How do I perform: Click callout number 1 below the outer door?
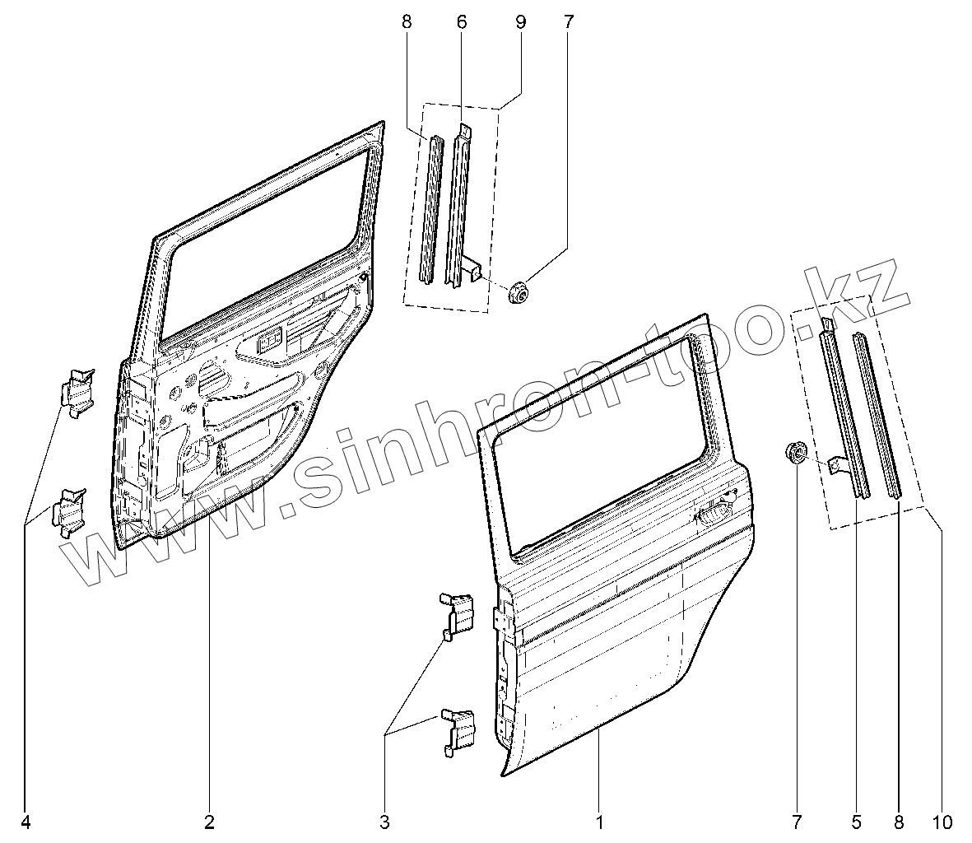pyautogui.click(x=599, y=821)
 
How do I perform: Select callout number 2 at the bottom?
pyautogui.click(x=209, y=821)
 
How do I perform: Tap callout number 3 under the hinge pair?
pyautogui.click(x=384, y=821)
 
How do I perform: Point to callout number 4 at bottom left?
pyautogui.click(x=26, y=821)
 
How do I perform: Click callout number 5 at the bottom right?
pyautogui.click(x=856, y=821)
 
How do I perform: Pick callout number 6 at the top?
pyautogui.click(x=461, y=22)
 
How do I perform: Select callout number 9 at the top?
pyautogui.click(x=520, y=22)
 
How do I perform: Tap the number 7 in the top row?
pyautogui.click(x=568, y=22)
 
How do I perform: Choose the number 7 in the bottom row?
pyautogui.click(x=796, y=821)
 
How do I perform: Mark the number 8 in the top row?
pyautogui.click(x=407, y=22)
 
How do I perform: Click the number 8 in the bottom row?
pyautogui.click(x=899, y=821)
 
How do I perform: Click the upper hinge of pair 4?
pyautogui.click(x=80, y=389)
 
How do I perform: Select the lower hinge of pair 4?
pyautogui.click(x=69, y=512)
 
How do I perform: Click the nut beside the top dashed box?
pyautogui.click(x=519, y=291)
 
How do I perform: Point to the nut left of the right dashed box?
pyautogui.click(x=794, y=452)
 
